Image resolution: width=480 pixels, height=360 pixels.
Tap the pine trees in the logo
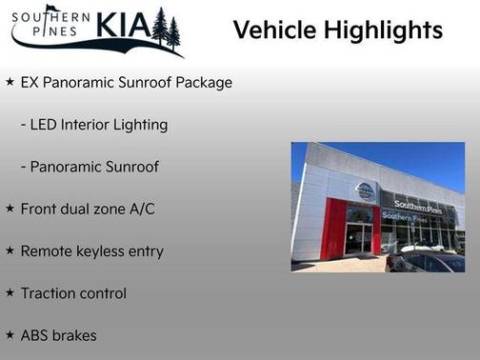point(166,29)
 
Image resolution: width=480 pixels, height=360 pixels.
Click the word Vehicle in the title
point(275,30)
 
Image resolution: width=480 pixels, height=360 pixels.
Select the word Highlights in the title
point(384,30)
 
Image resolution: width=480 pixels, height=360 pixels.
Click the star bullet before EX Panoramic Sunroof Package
point(10,83)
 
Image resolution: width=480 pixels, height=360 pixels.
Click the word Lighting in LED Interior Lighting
point(140,125)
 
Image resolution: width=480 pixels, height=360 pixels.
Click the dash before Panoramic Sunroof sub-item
point(23,167)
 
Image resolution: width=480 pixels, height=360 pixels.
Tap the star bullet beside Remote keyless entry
point(10,250)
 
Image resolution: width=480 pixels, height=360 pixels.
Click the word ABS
point(36,335)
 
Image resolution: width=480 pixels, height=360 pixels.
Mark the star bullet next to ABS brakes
point(10,334)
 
